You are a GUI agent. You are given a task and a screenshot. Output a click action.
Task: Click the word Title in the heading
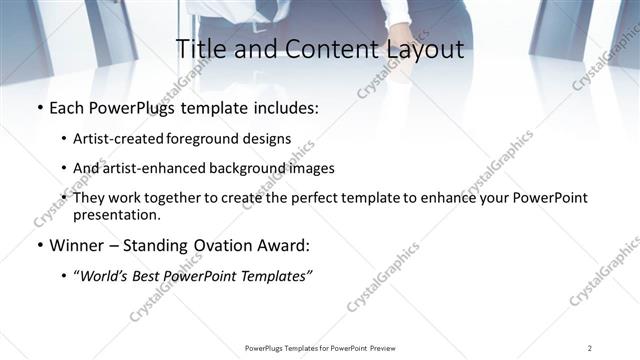pyautogui.click(x=201, y=50)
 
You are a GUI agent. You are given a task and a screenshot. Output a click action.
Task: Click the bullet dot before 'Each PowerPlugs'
pyautogui.click(x=38, y=107)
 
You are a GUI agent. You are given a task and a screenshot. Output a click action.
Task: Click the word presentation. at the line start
pyautogui.click(x=115, y=214)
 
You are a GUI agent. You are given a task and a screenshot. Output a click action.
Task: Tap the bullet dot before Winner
pyautogui.click(x=38, y=245)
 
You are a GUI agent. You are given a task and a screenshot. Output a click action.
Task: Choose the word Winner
pyautogui.click(x=77, y=245)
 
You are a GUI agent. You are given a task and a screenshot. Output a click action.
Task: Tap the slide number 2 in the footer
pyautogui.click(x=589, y=347)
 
